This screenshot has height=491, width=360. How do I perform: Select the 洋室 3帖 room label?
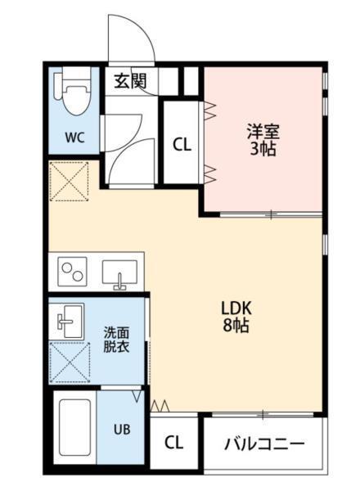[262, 138]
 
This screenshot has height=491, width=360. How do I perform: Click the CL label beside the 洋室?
[182, 144]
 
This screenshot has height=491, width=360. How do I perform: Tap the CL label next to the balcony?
[173, 443]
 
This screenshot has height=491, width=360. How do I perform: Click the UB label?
[120, 428]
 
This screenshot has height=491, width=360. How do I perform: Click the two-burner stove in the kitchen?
[73, 269]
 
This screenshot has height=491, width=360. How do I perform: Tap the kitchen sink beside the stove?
[120, 271]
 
